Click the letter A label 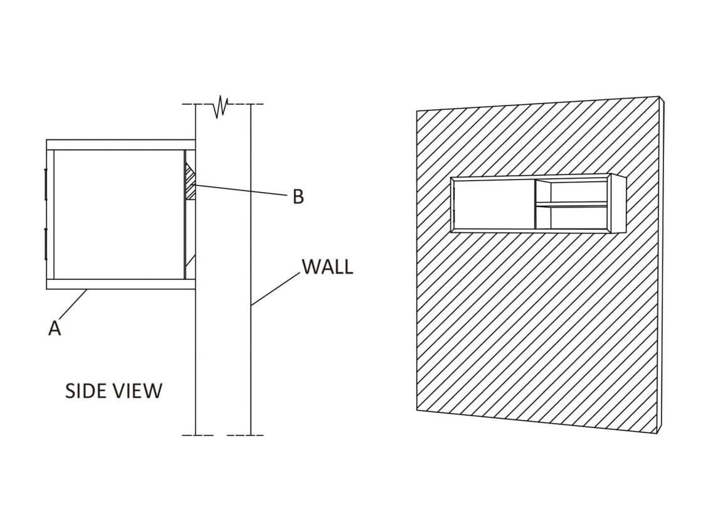click(55, 328)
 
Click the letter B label click(299, 197)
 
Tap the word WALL click(327, 267)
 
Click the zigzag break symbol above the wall click(220, 107)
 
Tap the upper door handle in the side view click(46, 184)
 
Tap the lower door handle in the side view click(46, 244)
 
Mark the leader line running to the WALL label click(276, 289)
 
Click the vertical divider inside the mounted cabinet click(535, 205)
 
